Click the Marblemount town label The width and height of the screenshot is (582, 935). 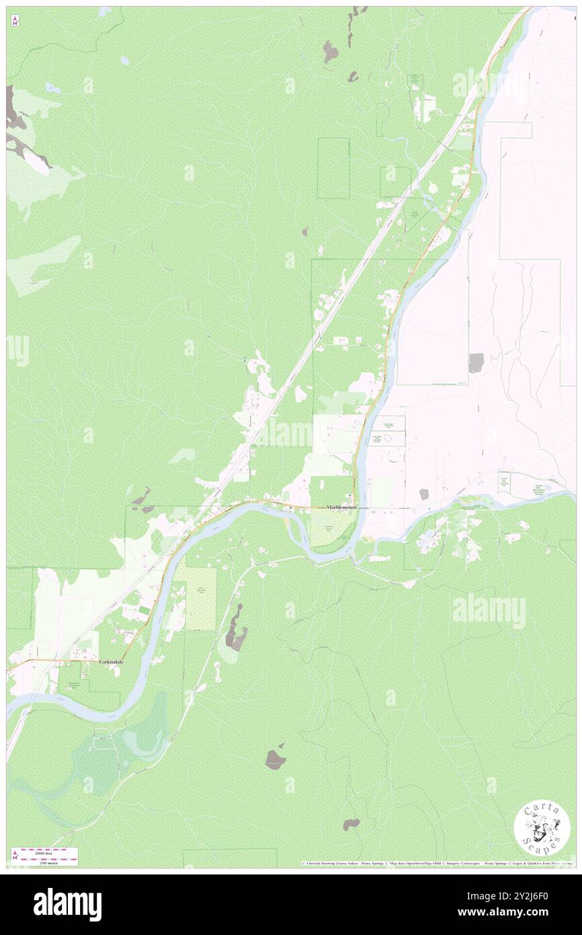pyautogui.click(x=341, y=507)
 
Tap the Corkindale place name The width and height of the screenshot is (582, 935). pyautogui.click(x=112, y=662)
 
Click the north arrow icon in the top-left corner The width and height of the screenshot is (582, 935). pyautogui.click(x=14, y=22)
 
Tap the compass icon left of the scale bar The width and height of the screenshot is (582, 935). pyautogui.click(x=14, y=856)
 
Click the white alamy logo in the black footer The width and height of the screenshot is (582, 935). pyautogui.click(x=67, y=905)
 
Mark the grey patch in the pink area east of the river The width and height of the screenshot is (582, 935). pyautogui.click(x=476, y=363)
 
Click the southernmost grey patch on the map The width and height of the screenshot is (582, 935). pyautogui.click(x=351, y=824)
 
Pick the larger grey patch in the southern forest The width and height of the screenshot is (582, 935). pyautogui.click(x=275, y=759)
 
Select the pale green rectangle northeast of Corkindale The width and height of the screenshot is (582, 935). pyautogui.click(x=200, y=599)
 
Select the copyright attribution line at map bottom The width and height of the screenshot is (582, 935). pyautogui.click(x=437, y=864)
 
